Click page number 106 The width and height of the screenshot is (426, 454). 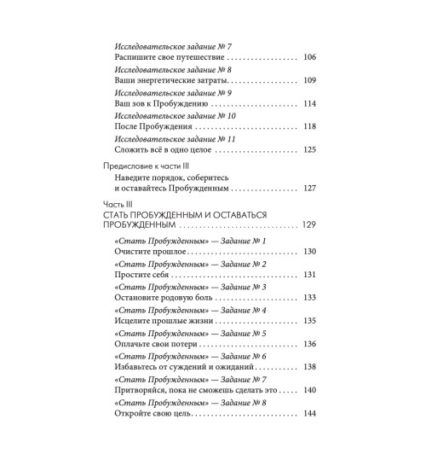(308, 57)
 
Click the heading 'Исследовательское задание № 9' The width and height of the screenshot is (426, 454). (167, 91)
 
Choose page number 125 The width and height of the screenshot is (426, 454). (308, 149)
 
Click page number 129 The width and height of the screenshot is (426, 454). (308, 228)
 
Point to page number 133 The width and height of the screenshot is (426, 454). (308, 298)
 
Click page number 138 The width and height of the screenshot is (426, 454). (308, 367)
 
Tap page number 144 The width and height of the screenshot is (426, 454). (308, 413)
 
